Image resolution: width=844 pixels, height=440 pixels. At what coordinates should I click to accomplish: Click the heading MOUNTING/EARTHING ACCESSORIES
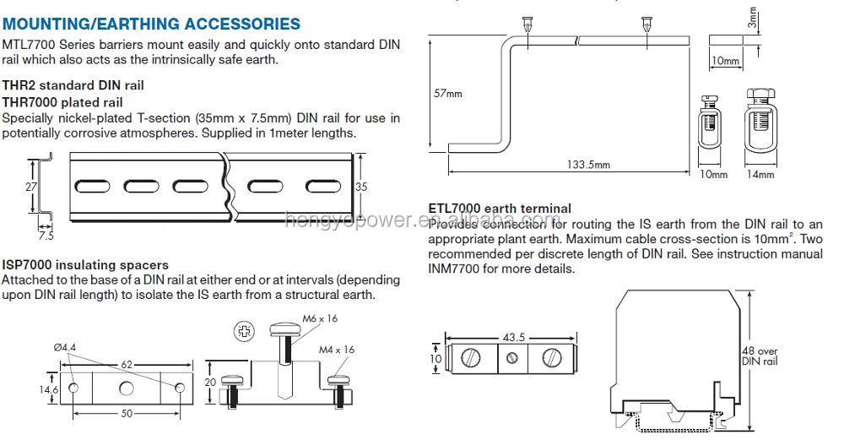coord(151,24)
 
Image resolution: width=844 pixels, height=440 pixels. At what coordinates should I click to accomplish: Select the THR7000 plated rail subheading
coord(62,101)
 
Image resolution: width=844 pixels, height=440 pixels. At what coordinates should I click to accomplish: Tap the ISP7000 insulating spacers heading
coord(85,265)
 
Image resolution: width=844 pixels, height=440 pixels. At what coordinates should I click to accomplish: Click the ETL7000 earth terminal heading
coord(500,208)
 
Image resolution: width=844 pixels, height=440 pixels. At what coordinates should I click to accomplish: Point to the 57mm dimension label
coord(447,94)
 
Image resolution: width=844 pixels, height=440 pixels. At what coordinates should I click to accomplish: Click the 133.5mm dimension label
coord(588,165)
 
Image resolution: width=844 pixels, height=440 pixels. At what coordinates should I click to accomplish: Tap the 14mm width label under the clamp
coord(760,175)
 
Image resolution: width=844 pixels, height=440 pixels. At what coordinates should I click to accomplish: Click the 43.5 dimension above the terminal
coord(513,337)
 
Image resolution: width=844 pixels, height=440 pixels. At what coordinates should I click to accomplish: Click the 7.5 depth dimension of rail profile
coord(45,236)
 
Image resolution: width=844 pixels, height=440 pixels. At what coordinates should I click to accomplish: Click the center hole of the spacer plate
coord(127,388)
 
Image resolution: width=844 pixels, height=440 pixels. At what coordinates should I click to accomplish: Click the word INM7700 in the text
coord(456,269)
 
